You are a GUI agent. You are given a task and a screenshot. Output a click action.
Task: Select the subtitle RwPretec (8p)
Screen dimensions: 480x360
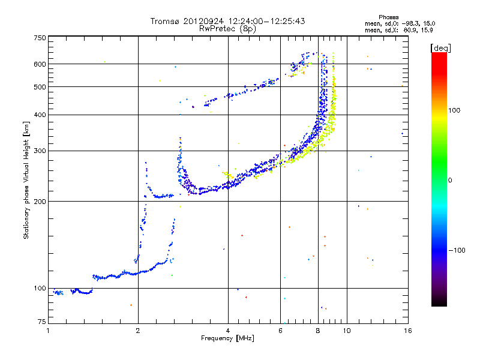pos(227,29)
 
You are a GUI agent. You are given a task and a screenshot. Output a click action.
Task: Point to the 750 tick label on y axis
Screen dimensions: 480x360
pos(40,38)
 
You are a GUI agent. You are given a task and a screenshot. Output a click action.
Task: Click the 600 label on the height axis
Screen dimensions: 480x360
pos(40,64)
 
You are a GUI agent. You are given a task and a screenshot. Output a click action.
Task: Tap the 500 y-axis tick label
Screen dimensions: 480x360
pos(40,87)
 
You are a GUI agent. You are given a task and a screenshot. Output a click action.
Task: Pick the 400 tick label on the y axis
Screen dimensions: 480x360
pos(40,115)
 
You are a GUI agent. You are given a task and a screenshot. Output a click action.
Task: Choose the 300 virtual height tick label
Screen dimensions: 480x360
pos(40,151)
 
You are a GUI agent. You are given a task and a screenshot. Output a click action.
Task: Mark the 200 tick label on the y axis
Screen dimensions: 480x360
pos(40,202)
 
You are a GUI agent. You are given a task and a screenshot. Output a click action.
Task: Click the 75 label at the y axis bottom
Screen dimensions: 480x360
pos(42,322)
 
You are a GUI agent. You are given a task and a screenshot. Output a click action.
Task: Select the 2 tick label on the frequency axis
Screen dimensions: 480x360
pos(138,331)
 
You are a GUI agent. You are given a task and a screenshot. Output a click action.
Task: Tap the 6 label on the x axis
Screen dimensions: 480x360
pos(280,331)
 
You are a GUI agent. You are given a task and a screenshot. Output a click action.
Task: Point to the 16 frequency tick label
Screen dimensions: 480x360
pos(408,331)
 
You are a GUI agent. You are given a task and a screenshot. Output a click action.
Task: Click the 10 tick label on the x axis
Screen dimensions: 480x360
pos(347,331)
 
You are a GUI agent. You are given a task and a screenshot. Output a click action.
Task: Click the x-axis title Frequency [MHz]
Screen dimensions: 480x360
pos(227,338)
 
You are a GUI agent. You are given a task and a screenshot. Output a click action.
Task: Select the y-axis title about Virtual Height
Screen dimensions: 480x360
pos(26,180)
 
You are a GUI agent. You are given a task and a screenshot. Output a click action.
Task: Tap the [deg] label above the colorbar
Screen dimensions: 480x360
pos(440,48)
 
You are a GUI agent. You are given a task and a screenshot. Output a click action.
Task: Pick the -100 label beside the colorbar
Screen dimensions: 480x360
pos(457,250)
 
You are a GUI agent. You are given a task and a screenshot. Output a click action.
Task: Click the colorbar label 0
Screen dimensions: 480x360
pos(449,180)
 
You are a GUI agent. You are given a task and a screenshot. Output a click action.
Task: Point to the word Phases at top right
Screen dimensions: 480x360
pos(388,17)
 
